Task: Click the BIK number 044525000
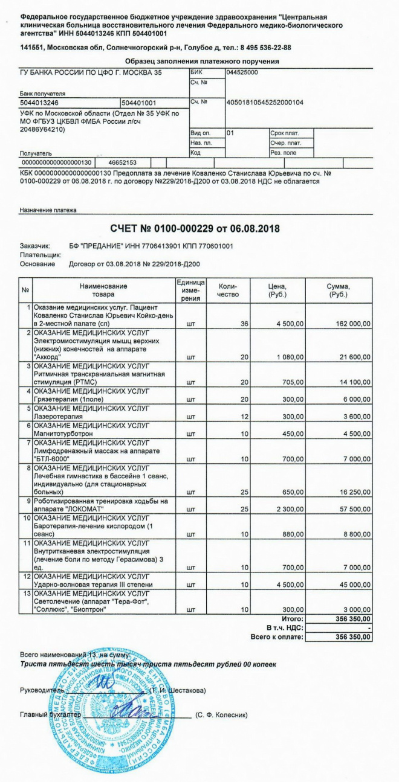tap(242, 72)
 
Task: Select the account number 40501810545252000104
tap(264, 103)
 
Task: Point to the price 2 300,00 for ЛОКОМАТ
tap(290, 510)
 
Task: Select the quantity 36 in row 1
tap(244, 324)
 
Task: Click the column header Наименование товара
tap(103, 290)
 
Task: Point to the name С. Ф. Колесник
tap(222, 715)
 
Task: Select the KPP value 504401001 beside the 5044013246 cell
tap(140, 103)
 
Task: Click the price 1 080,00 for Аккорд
tap(290, 357)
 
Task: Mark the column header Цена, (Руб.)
tap(277, 290)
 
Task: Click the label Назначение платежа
tap(48, 210)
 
